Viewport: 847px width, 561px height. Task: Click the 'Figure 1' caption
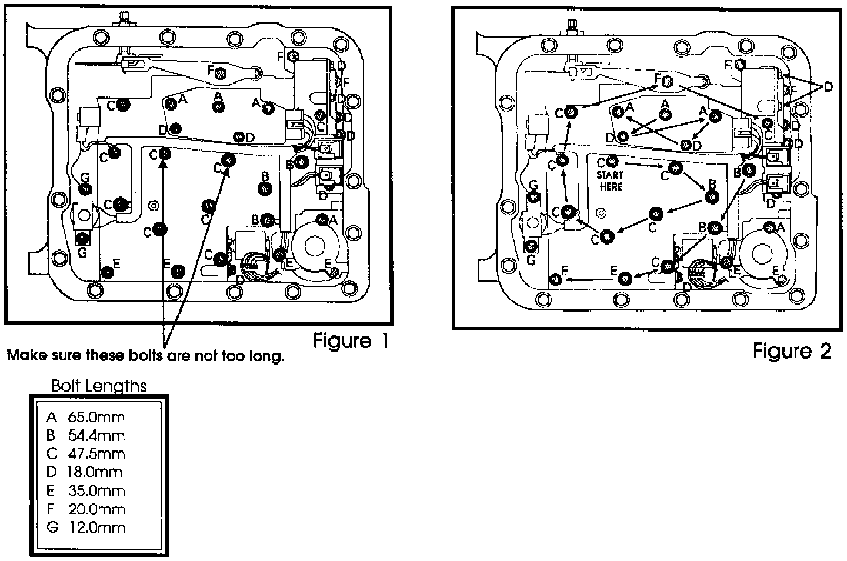(351, 340)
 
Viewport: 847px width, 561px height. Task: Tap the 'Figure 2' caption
(792, 351)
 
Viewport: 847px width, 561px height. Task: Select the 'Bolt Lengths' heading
(99, 386)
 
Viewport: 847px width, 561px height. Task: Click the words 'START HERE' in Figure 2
(610, 181)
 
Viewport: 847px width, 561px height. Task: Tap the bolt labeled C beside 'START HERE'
(613, 161)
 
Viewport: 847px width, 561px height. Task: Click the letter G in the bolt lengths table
(52, 527)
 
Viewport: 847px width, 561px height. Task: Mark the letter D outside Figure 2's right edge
(828, 87)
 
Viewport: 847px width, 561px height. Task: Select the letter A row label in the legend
(52, 418)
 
